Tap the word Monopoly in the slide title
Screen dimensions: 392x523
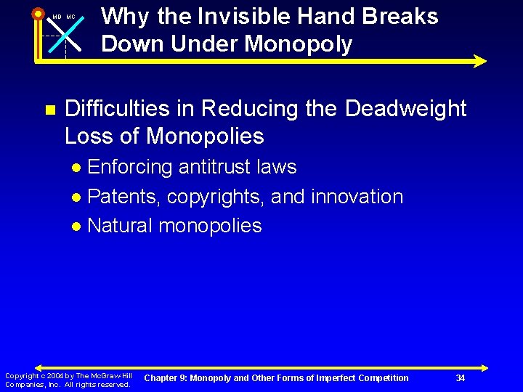(x=299, y=44)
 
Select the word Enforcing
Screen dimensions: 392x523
(x=129, y=167)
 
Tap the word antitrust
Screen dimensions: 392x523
(x=211, y=167)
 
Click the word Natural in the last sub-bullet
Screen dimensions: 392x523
(x=120, y=226)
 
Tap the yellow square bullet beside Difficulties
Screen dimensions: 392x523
(x=50, y=110)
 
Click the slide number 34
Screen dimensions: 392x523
(x=460, y=377)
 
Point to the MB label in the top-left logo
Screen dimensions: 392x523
(x=57, y=17)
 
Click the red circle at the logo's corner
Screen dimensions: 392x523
(x=38, y=12)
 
